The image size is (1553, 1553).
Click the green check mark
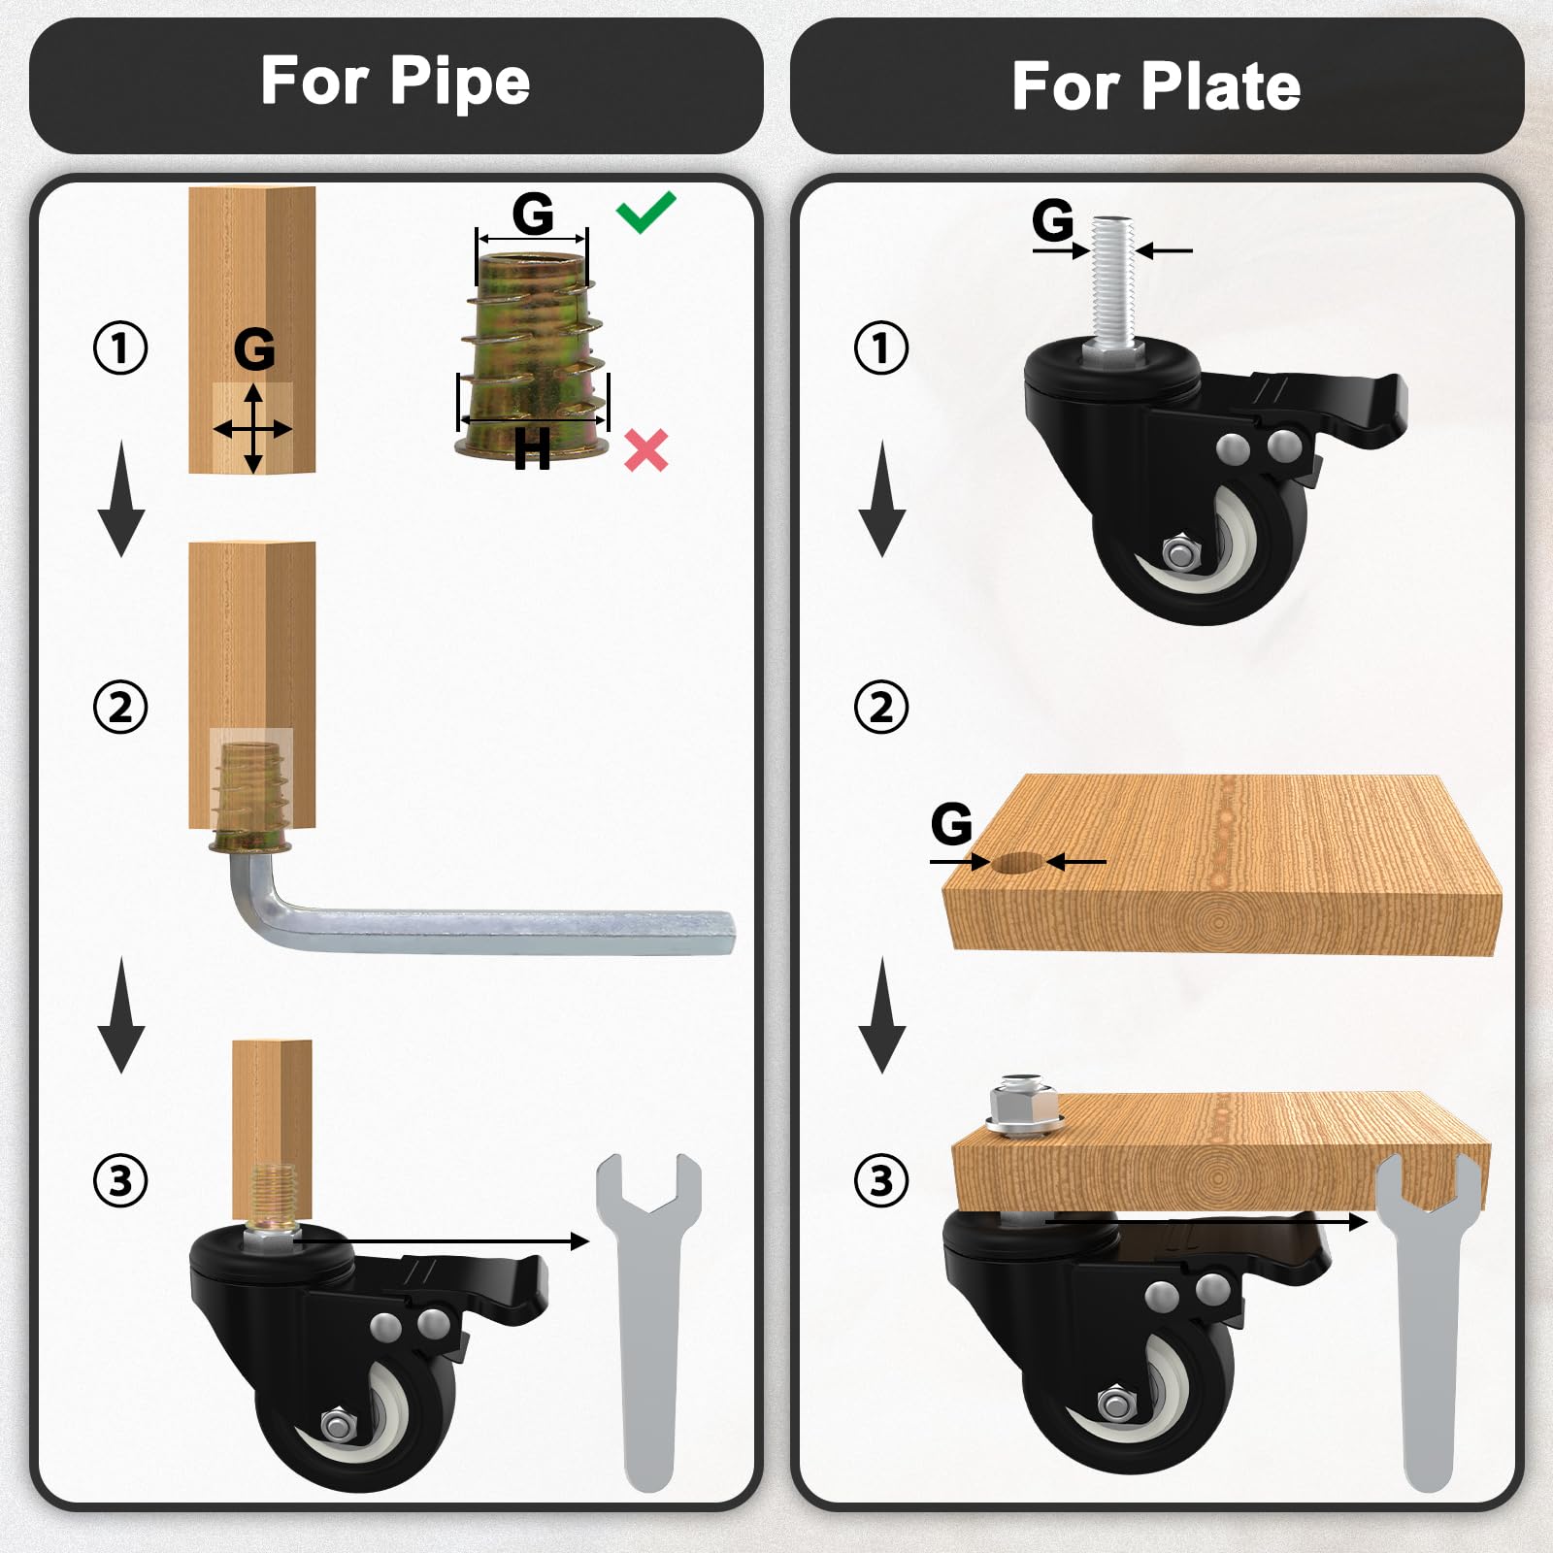pos(644,214)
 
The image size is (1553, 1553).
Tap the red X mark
pos(646,450)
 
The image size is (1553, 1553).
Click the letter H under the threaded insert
pos(532,449)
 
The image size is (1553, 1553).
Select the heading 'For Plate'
pos(1156,86)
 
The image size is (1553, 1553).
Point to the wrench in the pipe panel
pos(648,1320)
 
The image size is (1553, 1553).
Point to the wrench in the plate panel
pos(1429,1320)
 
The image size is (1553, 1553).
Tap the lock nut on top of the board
pos(1023,1105)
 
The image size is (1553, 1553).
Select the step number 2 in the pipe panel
pos(120,707)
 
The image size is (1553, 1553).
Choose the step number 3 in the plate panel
pos(881,1181)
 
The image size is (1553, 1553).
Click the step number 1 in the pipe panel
pos(120,347)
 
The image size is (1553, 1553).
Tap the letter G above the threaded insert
pos(533,214)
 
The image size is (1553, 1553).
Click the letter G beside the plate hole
pos(951,824)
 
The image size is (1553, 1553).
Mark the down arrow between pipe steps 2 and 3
pos(121,1014)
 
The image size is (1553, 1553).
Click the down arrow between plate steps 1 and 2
pos(882,498)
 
